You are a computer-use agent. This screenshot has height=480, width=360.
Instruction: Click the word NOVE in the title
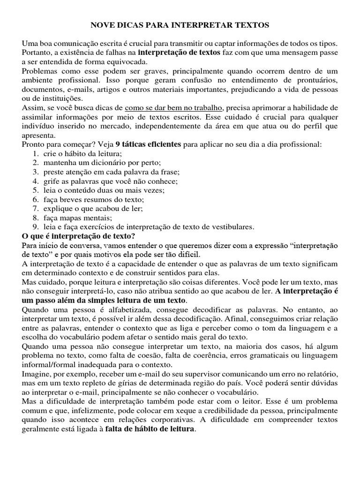pyautogui.click(x=102, y=23)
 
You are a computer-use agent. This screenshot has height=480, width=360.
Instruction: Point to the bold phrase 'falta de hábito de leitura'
pyautogui.click(x=149, y=429)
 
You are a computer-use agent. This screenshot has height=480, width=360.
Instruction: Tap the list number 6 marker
pyautogui.click(x=36, y=199)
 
